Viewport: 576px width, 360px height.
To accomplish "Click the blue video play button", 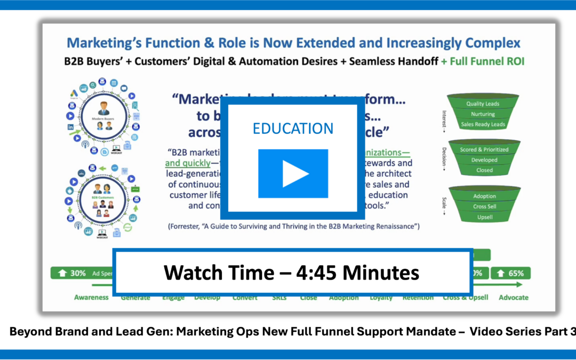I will [x=293, y=173].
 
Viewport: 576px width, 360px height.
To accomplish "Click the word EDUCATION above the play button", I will [x=293, y=129].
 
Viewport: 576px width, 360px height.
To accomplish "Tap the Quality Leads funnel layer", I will [x=483, y=103].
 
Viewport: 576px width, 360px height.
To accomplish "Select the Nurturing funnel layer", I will [x=483, y=114].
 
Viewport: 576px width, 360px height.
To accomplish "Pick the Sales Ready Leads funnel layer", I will [x=483, y=125].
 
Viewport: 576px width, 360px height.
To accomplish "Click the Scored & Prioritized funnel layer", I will [x=484, y=150].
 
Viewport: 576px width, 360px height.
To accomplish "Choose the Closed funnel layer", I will [x=484, y=170].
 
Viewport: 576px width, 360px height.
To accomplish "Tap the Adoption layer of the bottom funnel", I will [x=484, y=196].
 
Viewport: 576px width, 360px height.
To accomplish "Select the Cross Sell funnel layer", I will [x=484, y=206].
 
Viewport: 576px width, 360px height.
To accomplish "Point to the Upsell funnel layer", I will [x=484, y=217].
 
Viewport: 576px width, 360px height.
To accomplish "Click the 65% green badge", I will [x=510, y=273].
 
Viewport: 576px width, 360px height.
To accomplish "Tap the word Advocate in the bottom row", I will [x=513, y=298].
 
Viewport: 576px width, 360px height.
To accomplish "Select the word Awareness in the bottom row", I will [x=91, y=298].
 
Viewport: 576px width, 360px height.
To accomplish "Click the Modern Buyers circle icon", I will [x=104, y=117].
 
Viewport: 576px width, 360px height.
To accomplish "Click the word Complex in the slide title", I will [x=492, y=43].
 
